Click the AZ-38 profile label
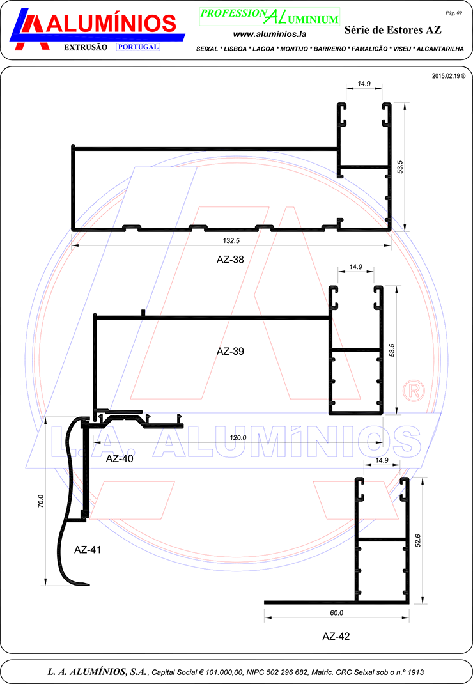pos(230,260)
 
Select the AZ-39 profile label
pos(230,351)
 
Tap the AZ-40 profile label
pos(120,458)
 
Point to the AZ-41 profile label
pos(88,550)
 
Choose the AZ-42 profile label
pos(336,637)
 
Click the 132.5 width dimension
pos(231,240)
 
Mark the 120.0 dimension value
pos(238,437)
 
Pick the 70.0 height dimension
pos(40,501)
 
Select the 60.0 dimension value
pos(336,613)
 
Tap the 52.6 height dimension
pos(418,540)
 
